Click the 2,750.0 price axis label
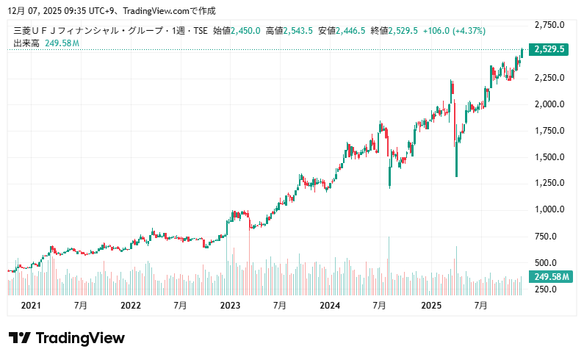click(x=549, y=25)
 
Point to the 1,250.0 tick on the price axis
click(x=549, y=183)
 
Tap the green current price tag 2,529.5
click(x=549, y=50)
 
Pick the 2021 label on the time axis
click(x=31, y=305)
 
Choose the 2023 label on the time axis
click(x=231, y=305)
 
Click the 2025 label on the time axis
click(x=430, y=305)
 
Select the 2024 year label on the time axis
click(x=331, y=305)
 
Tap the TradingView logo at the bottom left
click(x=67, y=338)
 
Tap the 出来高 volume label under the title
click(x=26, y=43)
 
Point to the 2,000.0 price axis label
click(x=549, y=104)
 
